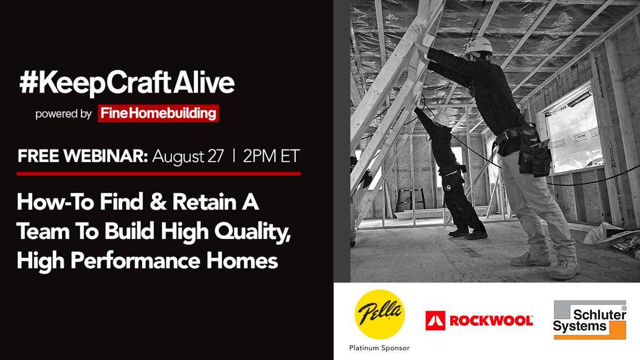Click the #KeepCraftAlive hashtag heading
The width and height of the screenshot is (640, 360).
[x=127, y=84]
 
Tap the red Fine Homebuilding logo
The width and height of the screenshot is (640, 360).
[x=158, y=113]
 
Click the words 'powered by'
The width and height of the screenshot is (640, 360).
[x=63, y=114]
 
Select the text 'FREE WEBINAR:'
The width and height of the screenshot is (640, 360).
[x=83, y=156]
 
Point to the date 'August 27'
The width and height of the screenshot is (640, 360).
[x=188, y=156]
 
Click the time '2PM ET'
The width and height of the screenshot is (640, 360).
[x=271, y=156]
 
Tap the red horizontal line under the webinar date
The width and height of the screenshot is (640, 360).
[x=159, y=174]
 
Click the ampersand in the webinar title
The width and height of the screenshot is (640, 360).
[x=158, y=202]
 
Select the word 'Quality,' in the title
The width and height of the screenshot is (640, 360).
[x=252, y=232]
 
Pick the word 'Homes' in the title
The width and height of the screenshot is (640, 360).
[x=242, y=261]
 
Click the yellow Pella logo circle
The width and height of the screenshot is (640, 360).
[x=380, y=314]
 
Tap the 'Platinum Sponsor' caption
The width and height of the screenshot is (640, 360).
[x=379, y=348]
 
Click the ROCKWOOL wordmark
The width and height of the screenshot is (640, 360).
[x=491, y=321]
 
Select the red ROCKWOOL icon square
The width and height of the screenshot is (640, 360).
[x=435, y=320]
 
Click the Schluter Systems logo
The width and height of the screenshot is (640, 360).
[x=590, y=320]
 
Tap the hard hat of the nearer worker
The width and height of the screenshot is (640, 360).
[x=479, y=46]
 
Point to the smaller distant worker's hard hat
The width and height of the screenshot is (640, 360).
[x=441, y=120]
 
